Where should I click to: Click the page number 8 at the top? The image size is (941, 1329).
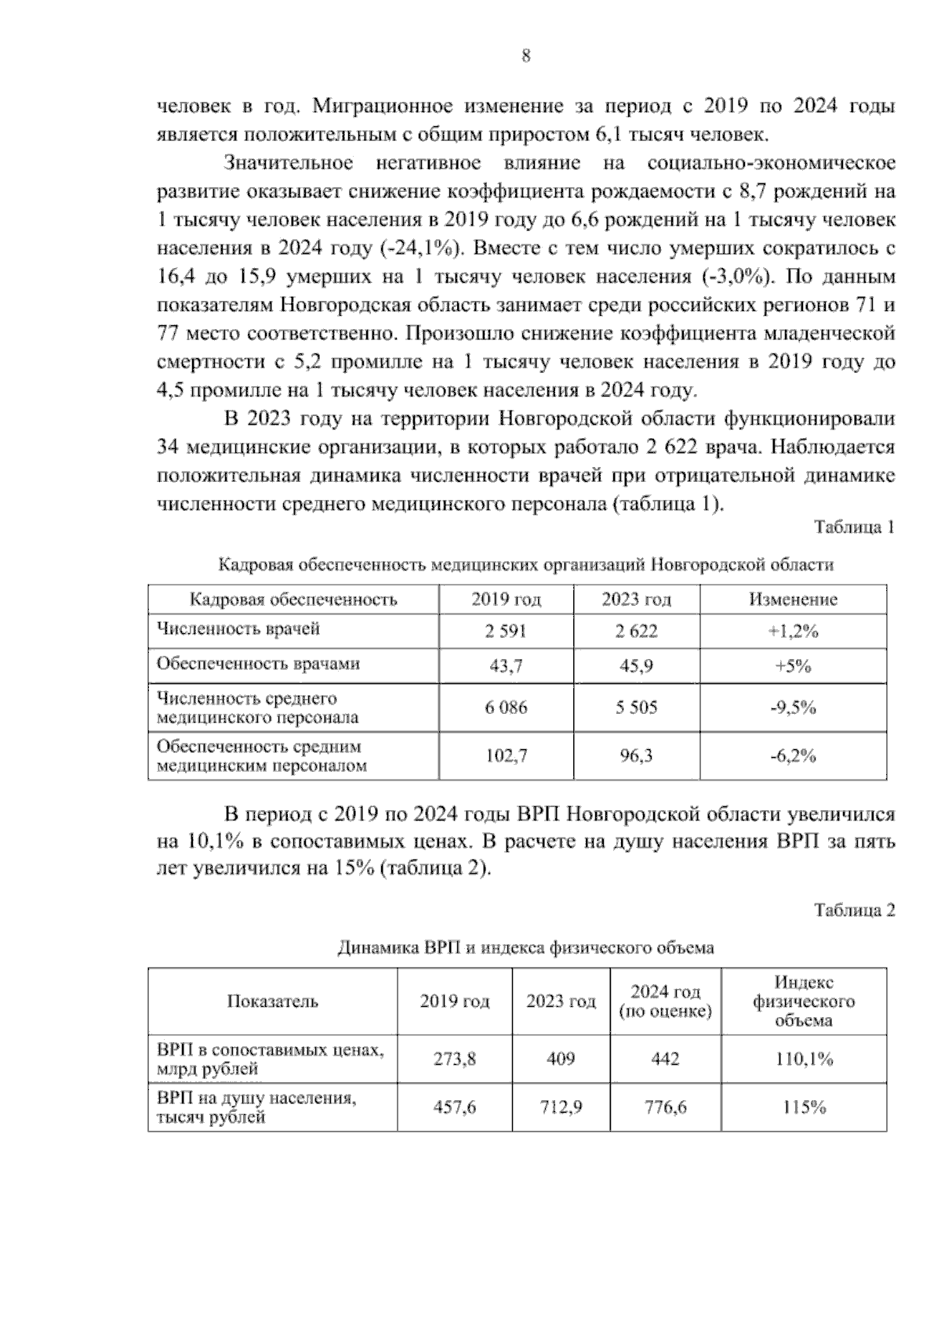(525, 56)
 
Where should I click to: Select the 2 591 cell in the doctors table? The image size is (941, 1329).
(506, 632)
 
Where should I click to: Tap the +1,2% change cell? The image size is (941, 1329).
(793, 632)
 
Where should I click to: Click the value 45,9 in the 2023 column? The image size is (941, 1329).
(636, 666)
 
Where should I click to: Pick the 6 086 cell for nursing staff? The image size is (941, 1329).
(506, 708)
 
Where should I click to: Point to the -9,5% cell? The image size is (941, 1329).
(793, 708)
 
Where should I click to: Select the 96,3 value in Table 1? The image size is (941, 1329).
(636, 756)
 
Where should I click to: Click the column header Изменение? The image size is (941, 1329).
(793, 599)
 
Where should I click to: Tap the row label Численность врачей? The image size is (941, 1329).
(238, 629)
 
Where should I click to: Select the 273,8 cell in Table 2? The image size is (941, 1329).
(455, 1059)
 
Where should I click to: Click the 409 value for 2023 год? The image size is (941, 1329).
(561, 1059)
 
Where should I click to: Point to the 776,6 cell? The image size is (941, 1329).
(665, 1108)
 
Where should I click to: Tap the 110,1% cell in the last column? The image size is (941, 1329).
(804, 1059)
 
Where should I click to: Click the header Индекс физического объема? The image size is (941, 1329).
(804, 1001)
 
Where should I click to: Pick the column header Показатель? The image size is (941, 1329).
(272, 1001)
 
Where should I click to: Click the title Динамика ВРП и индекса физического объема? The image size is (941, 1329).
(525, 948)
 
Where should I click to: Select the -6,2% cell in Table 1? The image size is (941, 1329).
(793, 756)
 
